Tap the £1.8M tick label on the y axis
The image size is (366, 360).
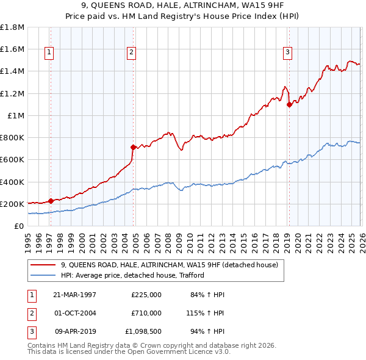(x=12, y=27)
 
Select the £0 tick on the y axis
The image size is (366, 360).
(x=19, y=226)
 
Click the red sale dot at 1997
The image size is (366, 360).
(x=51, y=200)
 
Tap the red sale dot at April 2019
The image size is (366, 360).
(x=289, y=104)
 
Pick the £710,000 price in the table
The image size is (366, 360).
(x=146, y=312)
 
